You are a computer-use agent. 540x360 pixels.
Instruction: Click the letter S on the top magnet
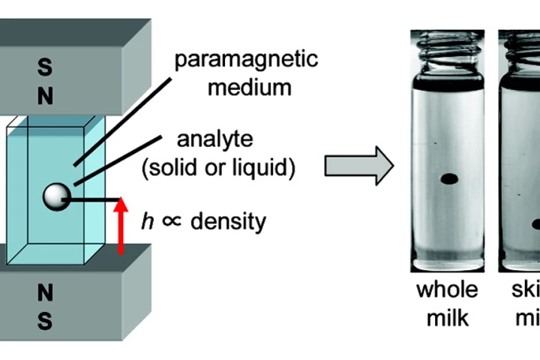[45, 67]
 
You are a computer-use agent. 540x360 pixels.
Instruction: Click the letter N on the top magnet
[45, 97]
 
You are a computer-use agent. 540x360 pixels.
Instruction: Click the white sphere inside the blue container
[55, 196]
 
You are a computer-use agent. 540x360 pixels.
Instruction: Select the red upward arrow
[120, 226]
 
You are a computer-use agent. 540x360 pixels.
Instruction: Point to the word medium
[250, 88]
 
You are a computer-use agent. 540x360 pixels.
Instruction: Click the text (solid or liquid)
[218, 168]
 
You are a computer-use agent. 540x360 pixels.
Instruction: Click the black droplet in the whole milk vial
[448, 178]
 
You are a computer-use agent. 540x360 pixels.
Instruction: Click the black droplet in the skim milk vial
[535, 223]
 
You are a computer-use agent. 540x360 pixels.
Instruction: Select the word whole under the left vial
[448, 290]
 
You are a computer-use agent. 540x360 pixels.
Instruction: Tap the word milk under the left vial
[448, 317]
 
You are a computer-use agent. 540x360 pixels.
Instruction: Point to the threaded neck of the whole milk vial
[448, 51]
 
